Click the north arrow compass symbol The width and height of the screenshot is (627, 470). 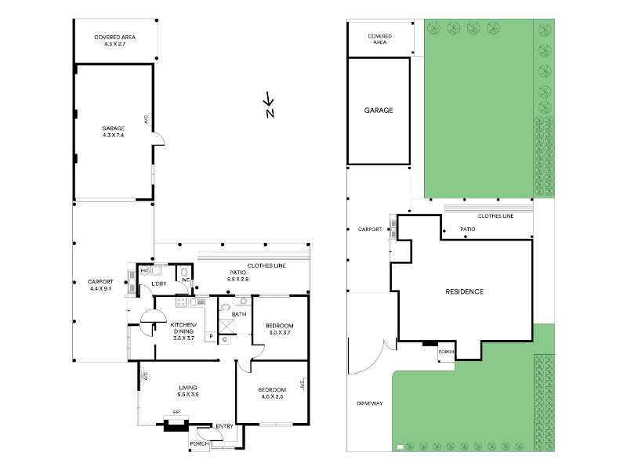tap(269, 105)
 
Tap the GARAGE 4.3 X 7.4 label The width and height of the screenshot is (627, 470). tap(113, 132)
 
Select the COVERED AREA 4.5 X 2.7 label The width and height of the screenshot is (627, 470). tap(114, 41)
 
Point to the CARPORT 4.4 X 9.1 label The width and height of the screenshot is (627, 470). tap(100, 285)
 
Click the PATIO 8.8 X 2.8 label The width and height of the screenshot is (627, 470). tap(238, 276)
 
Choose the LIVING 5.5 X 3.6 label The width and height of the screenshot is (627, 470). tap(188, 391)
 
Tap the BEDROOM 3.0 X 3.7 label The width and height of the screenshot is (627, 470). tap(280, 329)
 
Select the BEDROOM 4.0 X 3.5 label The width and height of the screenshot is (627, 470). tap(272, 393)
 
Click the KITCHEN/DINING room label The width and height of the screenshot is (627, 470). tap(183, 331)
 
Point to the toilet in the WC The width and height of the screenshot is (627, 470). tap(185, 272)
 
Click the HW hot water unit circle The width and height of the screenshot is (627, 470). tap(144, 271)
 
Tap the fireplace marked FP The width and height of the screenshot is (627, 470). tap(176, 424)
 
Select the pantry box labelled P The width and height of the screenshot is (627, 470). tap(211, 337)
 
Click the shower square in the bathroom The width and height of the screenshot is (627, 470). tap(227, 327)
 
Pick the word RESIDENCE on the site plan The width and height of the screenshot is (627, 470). tap(464, 291)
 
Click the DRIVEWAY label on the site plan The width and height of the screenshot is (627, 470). tap(370, 403)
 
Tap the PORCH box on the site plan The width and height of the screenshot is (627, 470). tap(446, 352)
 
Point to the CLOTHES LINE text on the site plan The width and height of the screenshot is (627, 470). tap(496, 216)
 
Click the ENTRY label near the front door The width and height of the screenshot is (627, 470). tap(224, 426)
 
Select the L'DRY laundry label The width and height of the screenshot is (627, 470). tap(159, 284)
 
